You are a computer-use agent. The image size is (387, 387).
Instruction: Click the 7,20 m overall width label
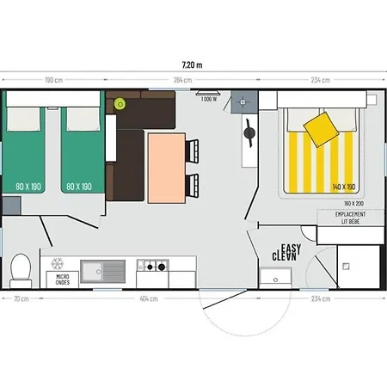tap(193, 64)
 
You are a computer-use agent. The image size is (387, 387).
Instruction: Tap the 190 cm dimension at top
tap(53, 81)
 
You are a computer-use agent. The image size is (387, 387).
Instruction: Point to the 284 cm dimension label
tap(181, 81)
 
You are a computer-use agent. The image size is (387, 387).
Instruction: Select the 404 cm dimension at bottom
tap(148, 298)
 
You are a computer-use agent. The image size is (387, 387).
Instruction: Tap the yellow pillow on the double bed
tap(320, 128)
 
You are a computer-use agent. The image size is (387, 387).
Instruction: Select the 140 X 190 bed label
tap(343, 187)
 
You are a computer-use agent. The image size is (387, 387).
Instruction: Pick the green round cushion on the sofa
tap(120, 104)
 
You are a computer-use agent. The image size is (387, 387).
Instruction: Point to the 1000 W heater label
tap(208, 99)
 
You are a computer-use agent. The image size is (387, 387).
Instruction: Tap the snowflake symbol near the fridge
tap(58, 262)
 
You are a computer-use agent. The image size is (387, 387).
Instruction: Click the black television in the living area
tap(249, 133)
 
